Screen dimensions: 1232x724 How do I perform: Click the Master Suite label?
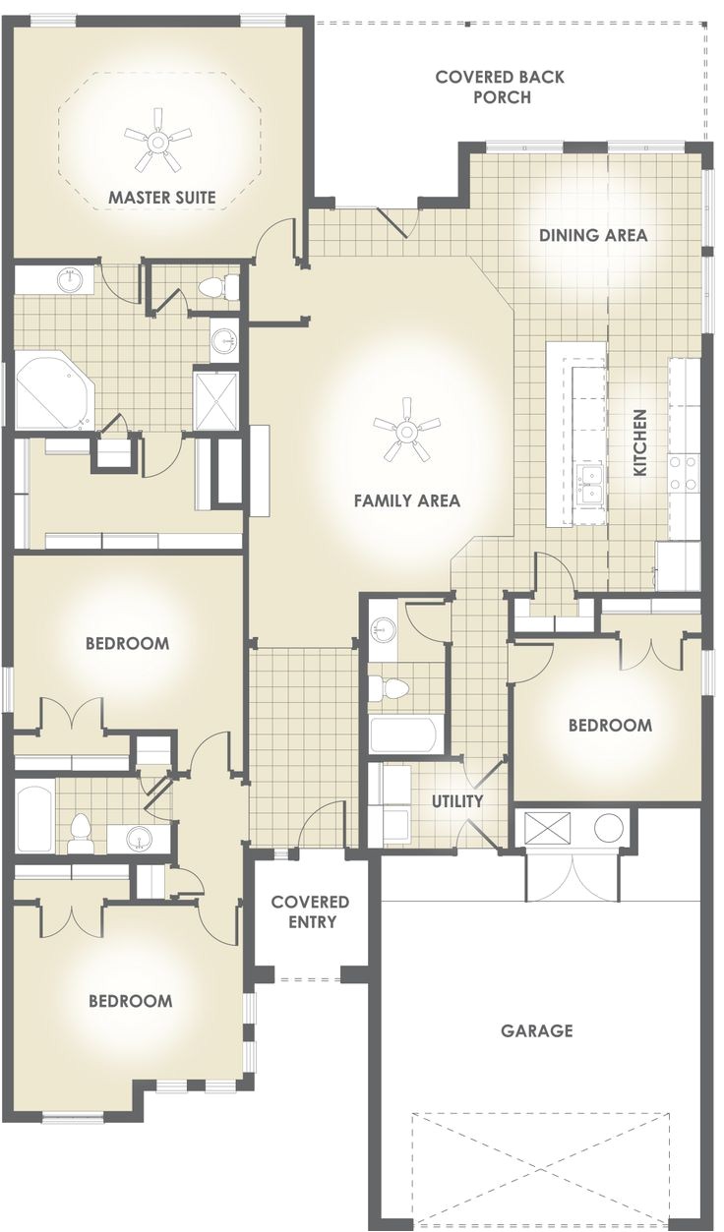click(x=162, y=197)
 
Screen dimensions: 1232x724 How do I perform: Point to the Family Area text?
click(x=406, y=500)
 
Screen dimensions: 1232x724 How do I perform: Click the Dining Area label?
click(x=593, y=235)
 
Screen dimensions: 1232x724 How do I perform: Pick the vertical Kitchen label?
click(x=639, y=443)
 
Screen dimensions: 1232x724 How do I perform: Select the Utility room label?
click(x=457, y=801)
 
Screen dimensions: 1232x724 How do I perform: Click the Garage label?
click(x=536, y=1030)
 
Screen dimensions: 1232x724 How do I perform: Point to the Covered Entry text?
click(x=310, y=911)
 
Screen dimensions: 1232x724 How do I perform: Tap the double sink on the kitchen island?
click(x=591, y=485)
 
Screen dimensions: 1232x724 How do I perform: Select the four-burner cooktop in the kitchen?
click(x=685, y=472)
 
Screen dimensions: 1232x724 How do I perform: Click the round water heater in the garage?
click(x=610, y=828)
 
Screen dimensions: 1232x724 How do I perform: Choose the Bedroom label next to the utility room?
click(x=610, y=725)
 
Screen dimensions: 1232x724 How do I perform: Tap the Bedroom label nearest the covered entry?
click(x=130, y=1001)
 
